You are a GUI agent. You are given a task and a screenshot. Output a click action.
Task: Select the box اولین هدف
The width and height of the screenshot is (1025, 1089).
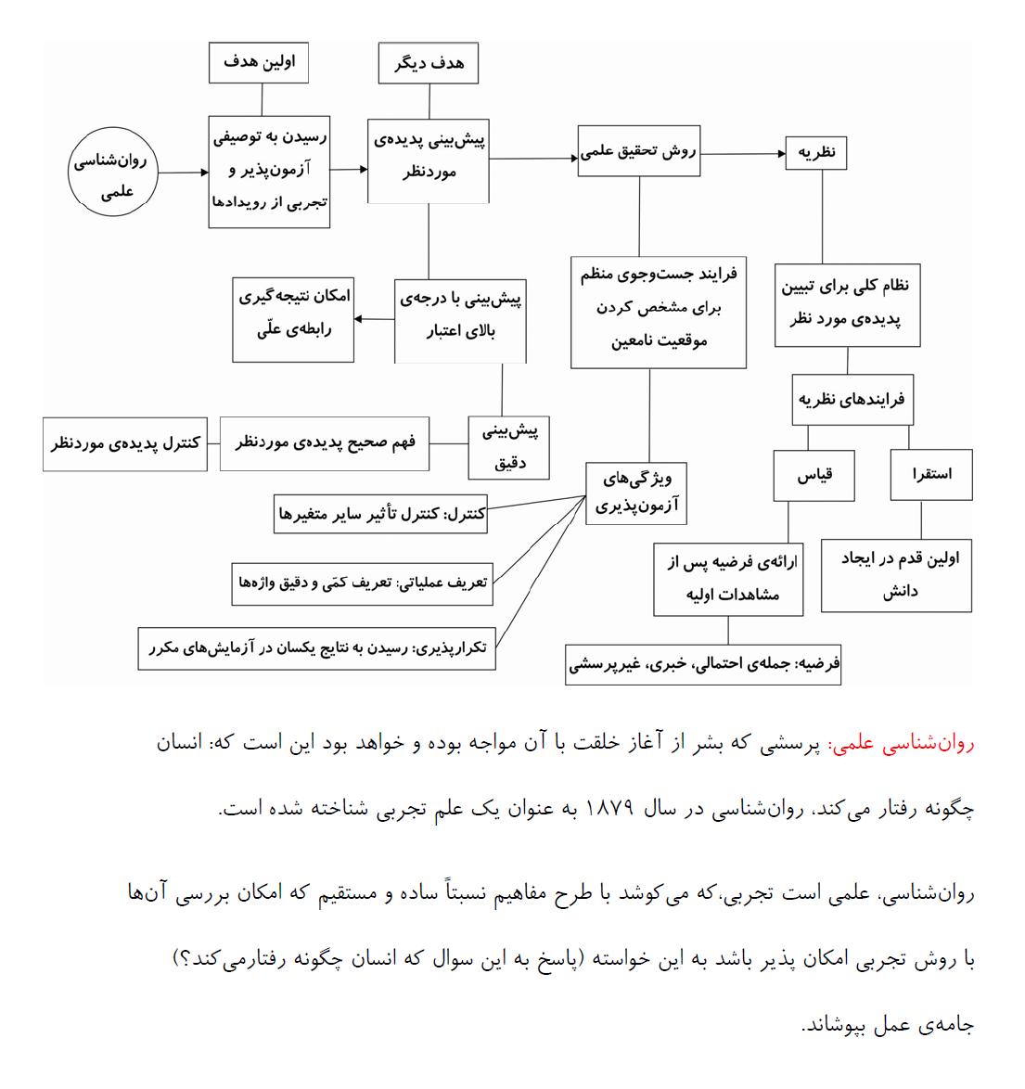(259, 63)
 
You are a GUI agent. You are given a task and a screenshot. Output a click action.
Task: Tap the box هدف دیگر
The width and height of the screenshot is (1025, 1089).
(429, 63)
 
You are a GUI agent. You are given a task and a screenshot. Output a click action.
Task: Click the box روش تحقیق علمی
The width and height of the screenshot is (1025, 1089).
(639, 150)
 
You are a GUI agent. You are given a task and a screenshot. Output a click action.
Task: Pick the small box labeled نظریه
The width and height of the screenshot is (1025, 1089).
(816, 152)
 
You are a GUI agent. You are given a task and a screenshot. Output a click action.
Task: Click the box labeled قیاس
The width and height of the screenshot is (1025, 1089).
(815, 475)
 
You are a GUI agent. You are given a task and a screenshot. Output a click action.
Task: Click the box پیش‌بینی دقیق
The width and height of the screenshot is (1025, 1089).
(508, 446)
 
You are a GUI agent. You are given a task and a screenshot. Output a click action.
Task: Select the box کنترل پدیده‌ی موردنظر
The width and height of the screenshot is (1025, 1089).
(125, 443)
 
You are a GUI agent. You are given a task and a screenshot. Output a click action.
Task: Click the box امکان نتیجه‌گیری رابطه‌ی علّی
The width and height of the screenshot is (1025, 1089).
(294, 319)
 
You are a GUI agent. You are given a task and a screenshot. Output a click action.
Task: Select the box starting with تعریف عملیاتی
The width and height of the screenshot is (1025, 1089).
(362, 583)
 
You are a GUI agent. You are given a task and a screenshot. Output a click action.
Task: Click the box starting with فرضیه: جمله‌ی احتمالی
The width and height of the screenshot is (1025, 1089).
(703, 664)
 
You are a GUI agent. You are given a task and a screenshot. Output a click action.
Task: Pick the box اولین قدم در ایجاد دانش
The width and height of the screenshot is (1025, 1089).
(896, 575)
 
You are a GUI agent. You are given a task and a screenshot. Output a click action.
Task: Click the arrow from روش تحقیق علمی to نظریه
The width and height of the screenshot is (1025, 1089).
(742, 153)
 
